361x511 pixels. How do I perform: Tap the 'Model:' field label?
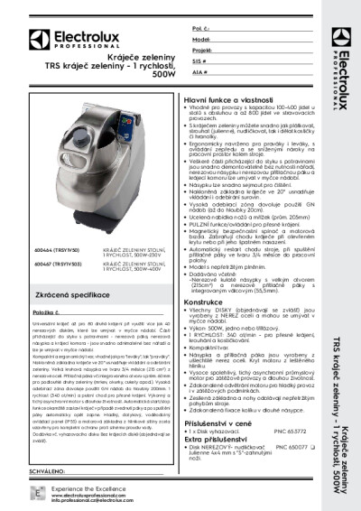tap(201, 40)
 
